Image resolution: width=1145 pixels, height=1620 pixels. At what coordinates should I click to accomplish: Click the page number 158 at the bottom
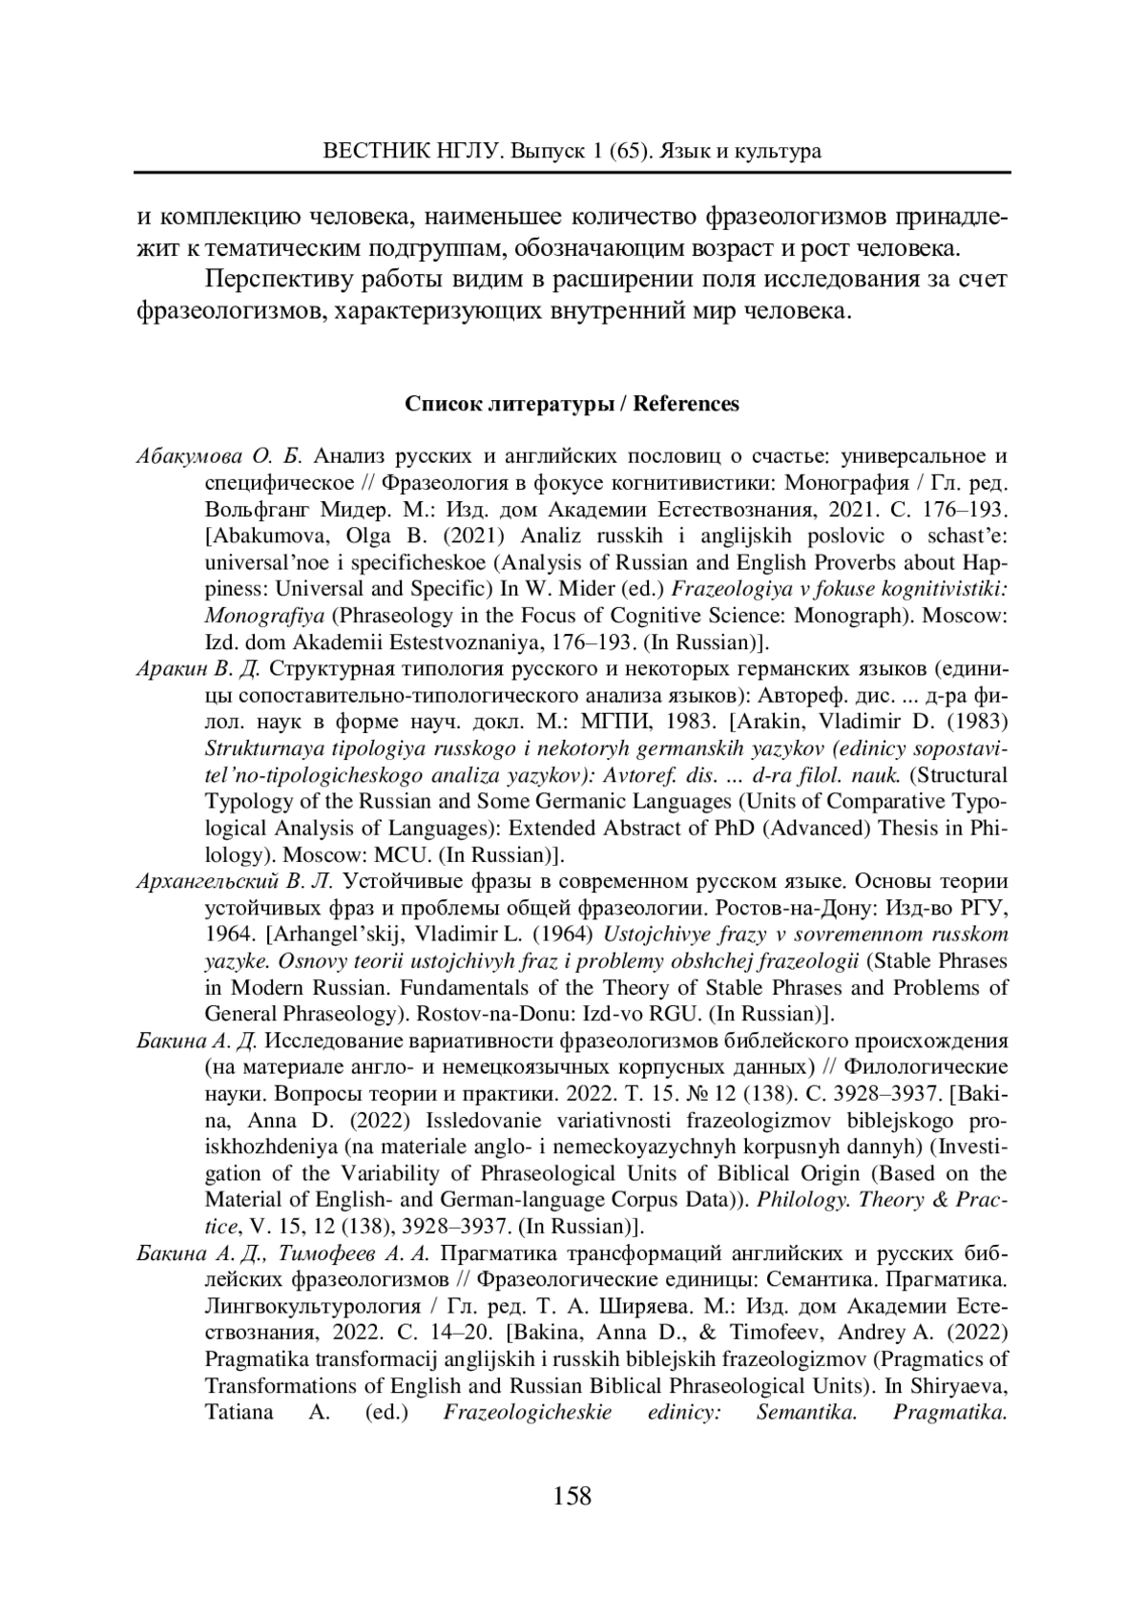pyautogui.click(x=572, y=1495)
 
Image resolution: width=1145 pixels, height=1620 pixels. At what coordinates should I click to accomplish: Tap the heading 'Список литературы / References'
pyautogui.click(x=572, y=404)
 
